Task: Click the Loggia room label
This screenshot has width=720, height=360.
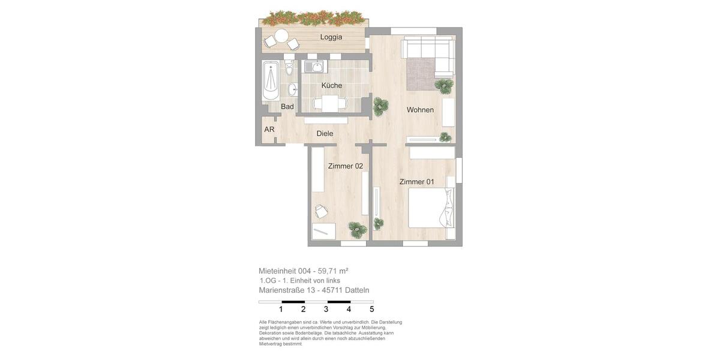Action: pyautogui.click(x=331, y=37)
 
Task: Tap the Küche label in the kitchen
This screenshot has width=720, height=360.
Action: pyautogui.click(x=331, y=85)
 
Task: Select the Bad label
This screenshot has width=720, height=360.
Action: pyautogui.click(x=287, y=107)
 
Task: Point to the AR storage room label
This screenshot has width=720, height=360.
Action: pyautogui.click(x=269, y=130)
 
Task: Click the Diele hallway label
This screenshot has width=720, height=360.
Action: pyautogui.click(x=325, y=134)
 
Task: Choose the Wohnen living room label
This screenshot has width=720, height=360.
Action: pyautogui.click(x=420, y=110)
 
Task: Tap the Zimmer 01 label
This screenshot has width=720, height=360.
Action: pyautogui.click(x=416, y=182)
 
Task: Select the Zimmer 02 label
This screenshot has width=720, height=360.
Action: pyautogui.click(x=345, y=166)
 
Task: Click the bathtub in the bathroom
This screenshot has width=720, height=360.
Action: pyautogui.click(x=271, y=80)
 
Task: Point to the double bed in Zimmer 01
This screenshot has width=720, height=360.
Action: pyautogui.click(x=431, y=208)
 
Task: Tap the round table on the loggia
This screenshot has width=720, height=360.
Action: pyautogui.click(x=281, y=36)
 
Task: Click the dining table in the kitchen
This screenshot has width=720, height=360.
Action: pyautogui.click(x=329, y=104)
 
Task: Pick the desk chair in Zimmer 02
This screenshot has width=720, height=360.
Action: pyautogui.click(x=320, y=211)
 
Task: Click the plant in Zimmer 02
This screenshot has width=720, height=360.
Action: pyautogui.click(x=357, y=229)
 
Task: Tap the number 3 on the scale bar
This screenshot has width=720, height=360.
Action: pyautogui.click(x=326, y=310)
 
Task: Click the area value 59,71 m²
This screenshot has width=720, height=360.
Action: pyautogui.click(x=333, y=271)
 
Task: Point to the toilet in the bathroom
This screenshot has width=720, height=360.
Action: pyautogui.click(x=289, y=70)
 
